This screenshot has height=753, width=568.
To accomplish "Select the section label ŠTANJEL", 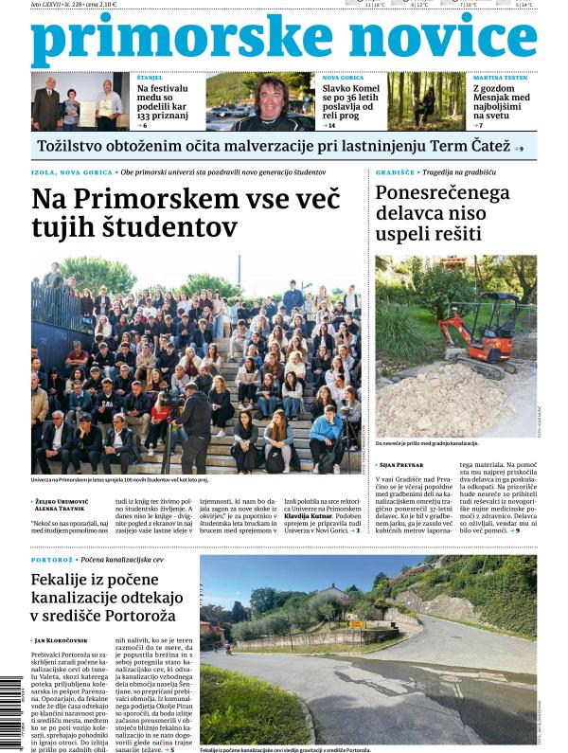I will pyautogui.click(x=150, y=77).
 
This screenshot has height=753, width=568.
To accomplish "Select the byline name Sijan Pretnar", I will pyautogui.click(x=404, y=465).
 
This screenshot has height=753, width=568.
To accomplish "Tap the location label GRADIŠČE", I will pyautogui.click(x=396, y=172).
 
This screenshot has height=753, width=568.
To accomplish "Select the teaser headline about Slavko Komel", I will pyautogui.click(x=352, y=100).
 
